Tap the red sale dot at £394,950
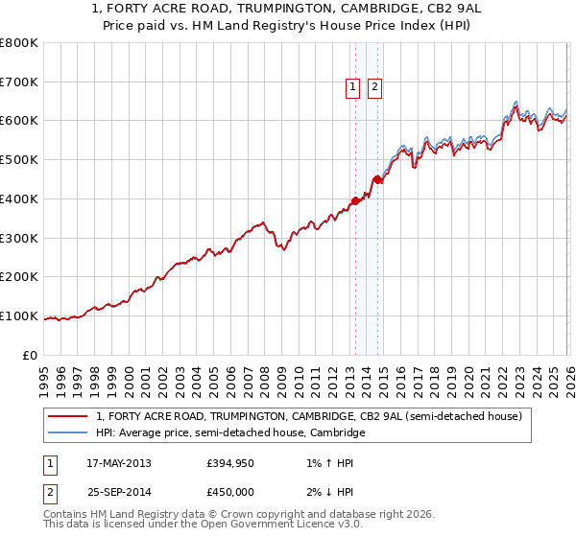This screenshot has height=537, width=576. [x=355, y=200]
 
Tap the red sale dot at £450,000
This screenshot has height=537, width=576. [x=378, y=179]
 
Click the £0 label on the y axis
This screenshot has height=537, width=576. [x=31, y=355]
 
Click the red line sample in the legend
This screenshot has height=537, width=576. [x=66, y=417]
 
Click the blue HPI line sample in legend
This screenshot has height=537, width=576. [x=66, y=433]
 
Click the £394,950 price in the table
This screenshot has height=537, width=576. [x=229, y=463]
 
